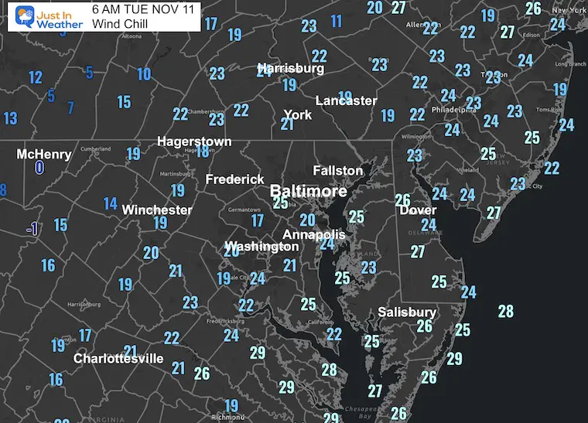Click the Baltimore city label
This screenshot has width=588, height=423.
point(308,191)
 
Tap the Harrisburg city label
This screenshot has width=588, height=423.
point(290,69)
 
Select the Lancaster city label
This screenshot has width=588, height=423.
point(346,101)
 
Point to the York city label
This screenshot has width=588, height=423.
point(298,114)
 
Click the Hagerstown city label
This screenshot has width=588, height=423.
point(194,142)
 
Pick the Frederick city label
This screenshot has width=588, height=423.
point(234,179)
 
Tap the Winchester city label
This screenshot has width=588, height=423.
point(157,210)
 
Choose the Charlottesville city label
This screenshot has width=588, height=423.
point(118,359)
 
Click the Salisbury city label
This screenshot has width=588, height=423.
point(407,312)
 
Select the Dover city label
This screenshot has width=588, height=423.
point(418,210)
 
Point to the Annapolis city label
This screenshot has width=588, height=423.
point(313,234)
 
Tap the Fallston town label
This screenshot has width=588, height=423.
point(337,170)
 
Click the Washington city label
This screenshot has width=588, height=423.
point(262,247)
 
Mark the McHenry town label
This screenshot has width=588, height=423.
point(44,154)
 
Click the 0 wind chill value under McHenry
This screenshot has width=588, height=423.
point(39,167)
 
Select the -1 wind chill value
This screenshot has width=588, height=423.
point(32,229)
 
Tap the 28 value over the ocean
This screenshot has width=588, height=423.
point(506,312)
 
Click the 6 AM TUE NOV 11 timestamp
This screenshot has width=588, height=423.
point(142,10)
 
